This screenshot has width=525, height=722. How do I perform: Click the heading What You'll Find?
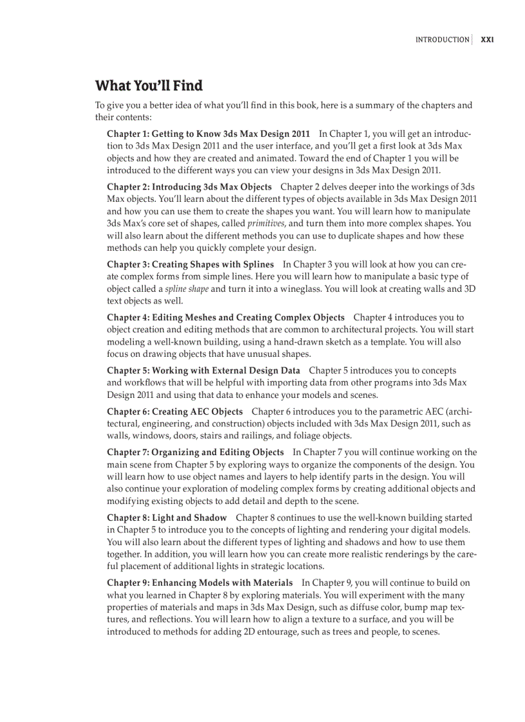149,86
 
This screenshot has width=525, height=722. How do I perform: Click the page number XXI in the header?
487,40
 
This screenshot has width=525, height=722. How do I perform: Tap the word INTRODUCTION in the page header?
442,40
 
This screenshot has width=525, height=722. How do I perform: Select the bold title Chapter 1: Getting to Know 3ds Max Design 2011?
208,134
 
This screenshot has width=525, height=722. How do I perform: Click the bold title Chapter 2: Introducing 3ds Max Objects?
189,187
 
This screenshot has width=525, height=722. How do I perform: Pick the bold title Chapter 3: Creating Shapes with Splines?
190,264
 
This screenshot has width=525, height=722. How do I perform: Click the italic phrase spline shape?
187,289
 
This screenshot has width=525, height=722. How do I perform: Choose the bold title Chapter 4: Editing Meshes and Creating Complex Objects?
226,318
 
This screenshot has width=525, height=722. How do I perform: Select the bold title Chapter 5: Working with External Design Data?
203,370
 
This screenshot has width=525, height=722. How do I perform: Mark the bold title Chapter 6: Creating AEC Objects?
175,411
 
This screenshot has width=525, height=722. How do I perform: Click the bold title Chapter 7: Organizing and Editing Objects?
195,452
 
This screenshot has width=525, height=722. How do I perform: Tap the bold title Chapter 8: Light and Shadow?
167,518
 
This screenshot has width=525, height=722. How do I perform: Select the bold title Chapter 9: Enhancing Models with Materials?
199,583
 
